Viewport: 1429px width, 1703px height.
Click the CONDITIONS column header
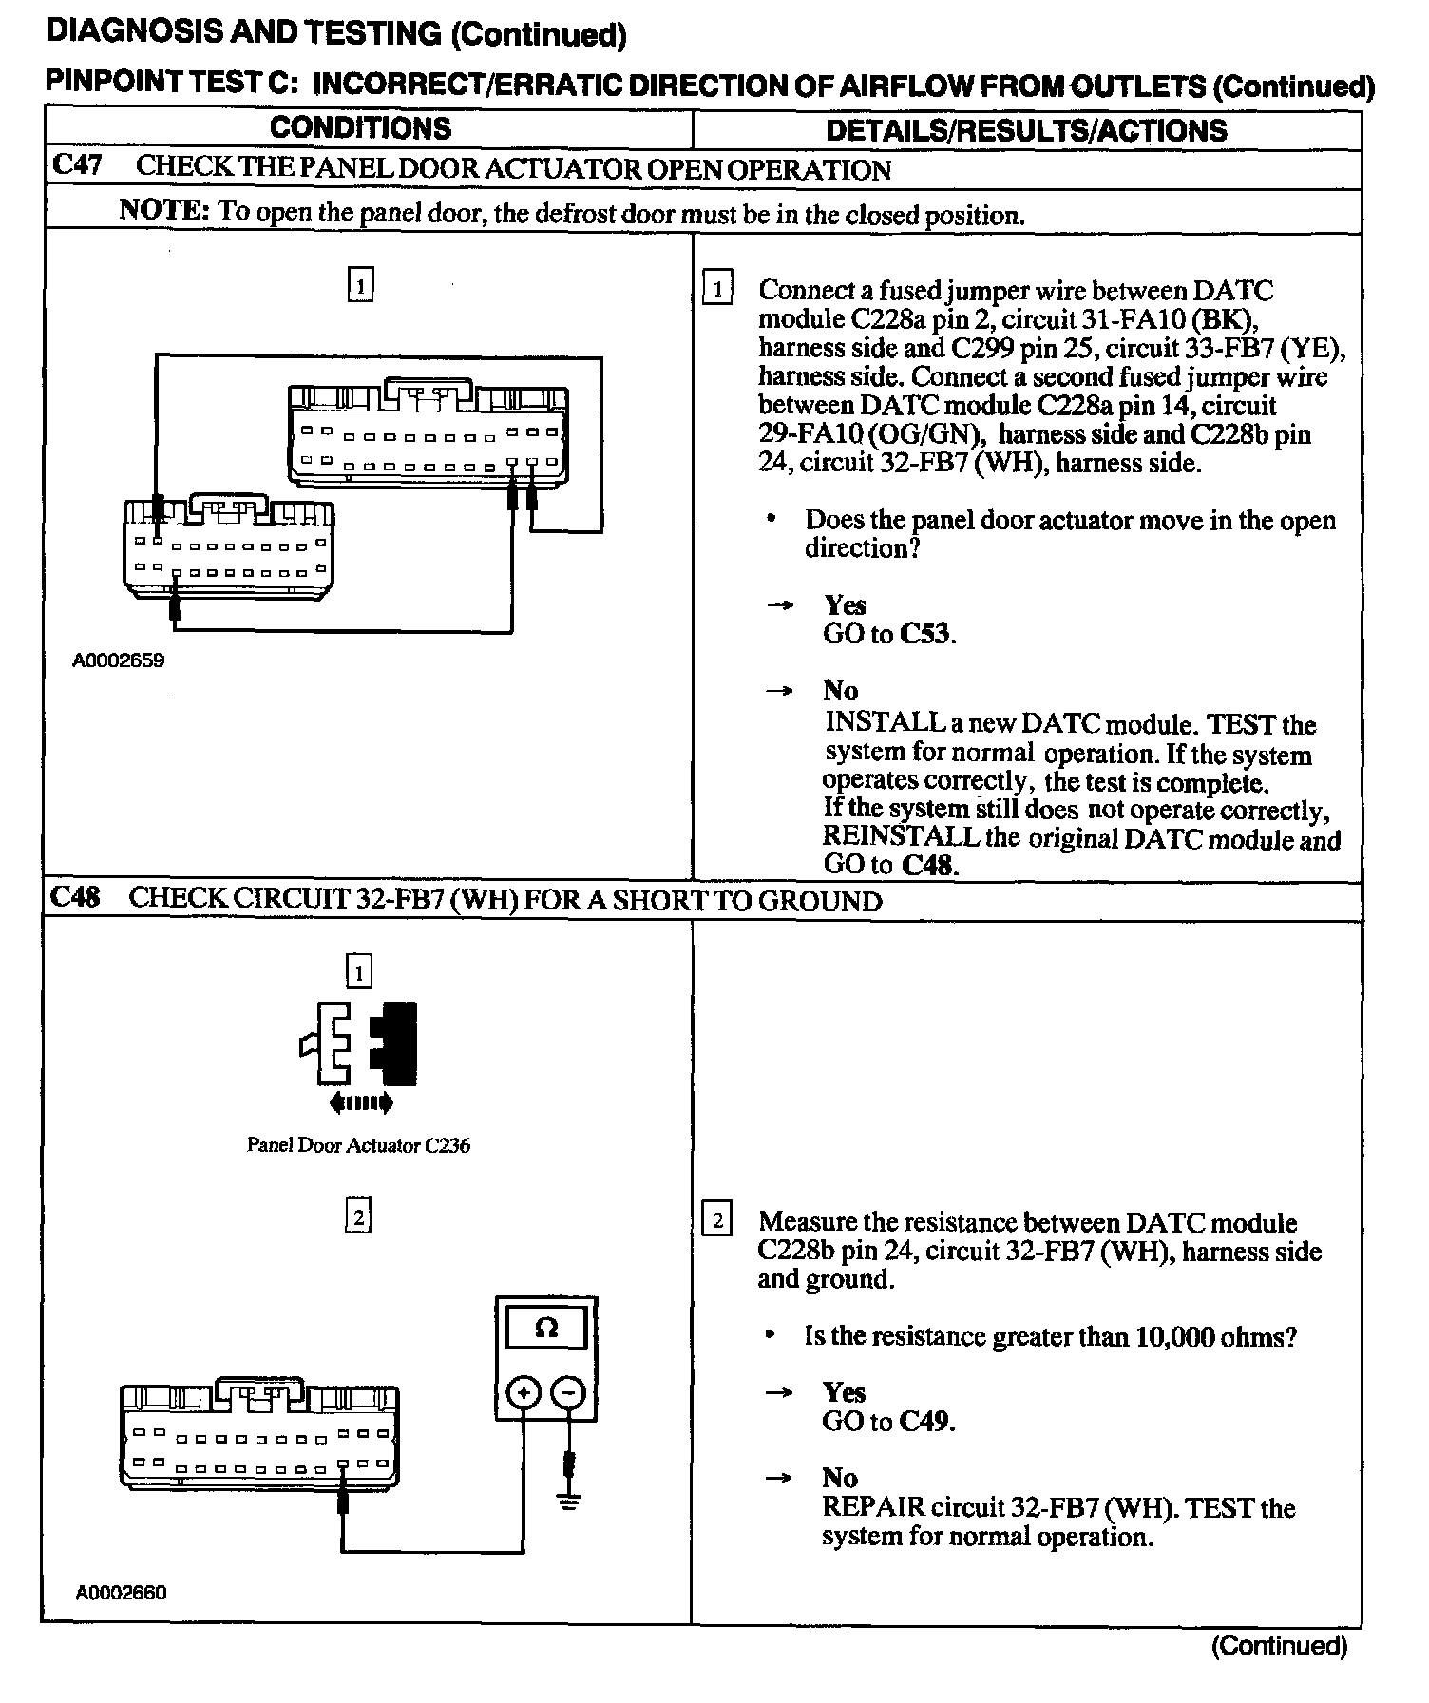coord(360,128)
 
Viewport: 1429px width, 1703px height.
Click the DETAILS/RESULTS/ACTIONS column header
coord(1026,130)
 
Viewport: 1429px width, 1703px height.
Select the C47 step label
coord(76,165)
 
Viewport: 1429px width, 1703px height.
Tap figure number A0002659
coord(119,660)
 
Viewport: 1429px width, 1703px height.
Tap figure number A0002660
coord(122,1592)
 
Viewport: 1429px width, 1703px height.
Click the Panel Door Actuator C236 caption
coord(358,1145)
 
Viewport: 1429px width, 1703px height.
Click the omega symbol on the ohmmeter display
coord(546,1328)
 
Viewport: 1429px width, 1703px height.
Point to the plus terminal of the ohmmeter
coord(524,1393)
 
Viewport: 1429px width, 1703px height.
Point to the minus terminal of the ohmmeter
coord(568,1393)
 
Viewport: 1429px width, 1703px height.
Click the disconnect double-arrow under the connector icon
coord(359,1103)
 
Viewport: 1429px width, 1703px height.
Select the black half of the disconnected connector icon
coord(396,1043)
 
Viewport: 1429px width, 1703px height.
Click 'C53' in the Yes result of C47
coord(925,634)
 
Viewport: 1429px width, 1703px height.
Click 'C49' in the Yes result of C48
coord(925,1422)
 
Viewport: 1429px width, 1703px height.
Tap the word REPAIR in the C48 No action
coord(872,1508)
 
